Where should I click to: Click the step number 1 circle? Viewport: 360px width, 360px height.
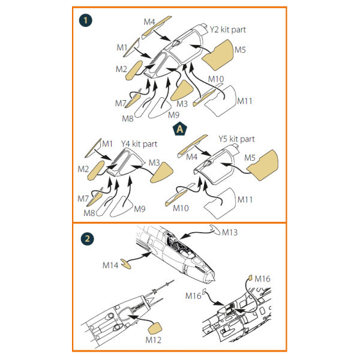click(85, 20)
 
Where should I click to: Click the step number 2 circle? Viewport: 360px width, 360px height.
click(87, 239)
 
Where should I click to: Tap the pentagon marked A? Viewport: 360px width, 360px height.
click(180, 128)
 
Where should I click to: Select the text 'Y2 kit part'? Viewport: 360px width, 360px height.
click(228, 30)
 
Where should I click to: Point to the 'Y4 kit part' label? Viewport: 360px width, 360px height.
click(139, 144)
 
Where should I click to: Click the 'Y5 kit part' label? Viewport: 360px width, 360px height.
click(236, 139)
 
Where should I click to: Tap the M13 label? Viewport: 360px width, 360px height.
click(230, 232)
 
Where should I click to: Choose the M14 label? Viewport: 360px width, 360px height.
click(110, 265)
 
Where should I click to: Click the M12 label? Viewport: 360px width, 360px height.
click(154, 340)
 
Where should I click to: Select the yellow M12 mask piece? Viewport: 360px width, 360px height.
click(155, 329)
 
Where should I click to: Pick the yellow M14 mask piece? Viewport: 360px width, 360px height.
click(126, 264)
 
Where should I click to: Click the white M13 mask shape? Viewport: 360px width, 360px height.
click(215, 230)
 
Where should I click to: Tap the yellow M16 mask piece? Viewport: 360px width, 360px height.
click(250, 278)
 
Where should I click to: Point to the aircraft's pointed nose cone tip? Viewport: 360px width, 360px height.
click(215, 280)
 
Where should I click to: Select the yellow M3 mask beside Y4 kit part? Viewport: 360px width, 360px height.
click(162, 173)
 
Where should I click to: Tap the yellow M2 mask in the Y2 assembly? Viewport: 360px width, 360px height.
click(134, 70)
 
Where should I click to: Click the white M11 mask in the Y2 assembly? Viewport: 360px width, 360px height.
click(221, 101)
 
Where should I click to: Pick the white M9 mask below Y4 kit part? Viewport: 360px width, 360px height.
click(122, 207)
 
